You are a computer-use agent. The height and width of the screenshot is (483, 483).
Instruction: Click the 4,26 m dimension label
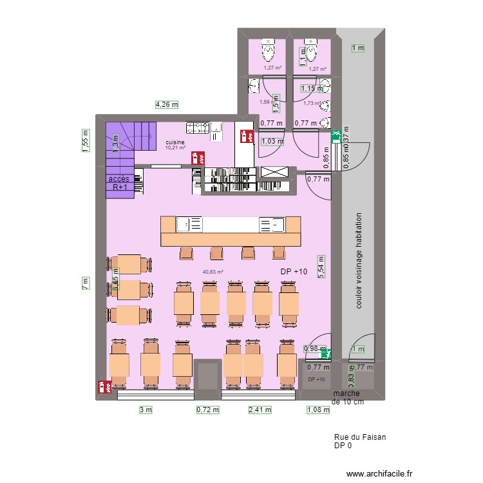tap(166, 104)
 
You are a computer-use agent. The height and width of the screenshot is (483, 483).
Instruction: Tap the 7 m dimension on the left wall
tap(85, 283)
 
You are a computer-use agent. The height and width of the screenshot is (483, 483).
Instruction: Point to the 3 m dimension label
tap(146, 410)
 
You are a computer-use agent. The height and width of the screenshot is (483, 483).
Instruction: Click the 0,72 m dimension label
tap(208, 410)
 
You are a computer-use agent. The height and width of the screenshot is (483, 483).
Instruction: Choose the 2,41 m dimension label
tap(260, 410)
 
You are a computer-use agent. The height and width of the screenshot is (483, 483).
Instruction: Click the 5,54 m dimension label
tap(320, 265)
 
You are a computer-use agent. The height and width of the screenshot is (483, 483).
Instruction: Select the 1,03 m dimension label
tap(272, 142)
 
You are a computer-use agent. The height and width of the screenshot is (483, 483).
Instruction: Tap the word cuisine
tap(175, 142)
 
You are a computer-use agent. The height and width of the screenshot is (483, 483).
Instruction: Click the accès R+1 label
tap(119, 183)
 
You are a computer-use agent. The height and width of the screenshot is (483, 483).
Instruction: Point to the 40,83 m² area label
tap(213, 272)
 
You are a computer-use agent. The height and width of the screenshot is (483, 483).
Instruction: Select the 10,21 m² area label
tap(175, 148)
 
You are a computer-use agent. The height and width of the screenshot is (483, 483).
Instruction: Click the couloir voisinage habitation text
tap(359, 261)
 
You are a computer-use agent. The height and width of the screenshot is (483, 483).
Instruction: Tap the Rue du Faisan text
tap(360, 437)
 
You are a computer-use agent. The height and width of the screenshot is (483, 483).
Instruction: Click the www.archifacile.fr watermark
tap(371, 473)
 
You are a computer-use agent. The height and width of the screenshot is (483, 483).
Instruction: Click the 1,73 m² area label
tap(312, 103)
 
